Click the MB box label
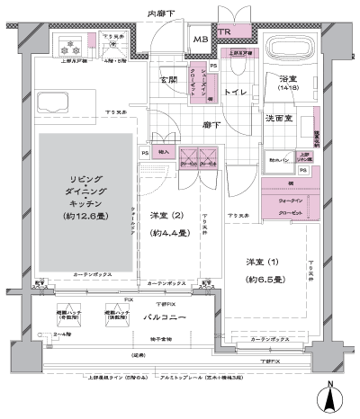tap(201, 40)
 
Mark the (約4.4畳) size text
tap(168, 233)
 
